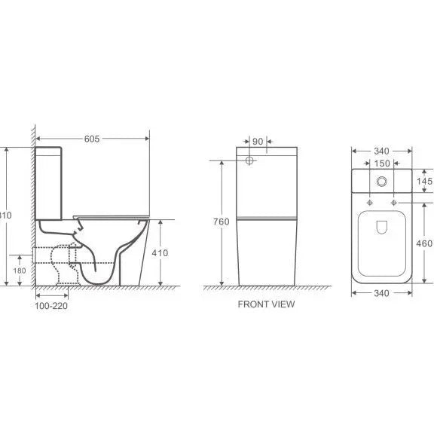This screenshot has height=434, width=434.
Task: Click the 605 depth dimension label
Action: [91, 139]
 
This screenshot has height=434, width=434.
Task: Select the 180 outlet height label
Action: [19, 270]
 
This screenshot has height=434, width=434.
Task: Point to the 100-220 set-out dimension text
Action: [52, 305]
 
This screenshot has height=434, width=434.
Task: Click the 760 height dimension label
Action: [221, 222]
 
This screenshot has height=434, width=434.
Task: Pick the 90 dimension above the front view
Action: [258, 141]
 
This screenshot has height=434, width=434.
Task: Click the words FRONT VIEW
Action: [266, 304]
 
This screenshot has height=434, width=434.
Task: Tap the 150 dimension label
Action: [383, 164]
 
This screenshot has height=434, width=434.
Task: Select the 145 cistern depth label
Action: [424, 182]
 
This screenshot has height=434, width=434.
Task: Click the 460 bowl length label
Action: [424, 243]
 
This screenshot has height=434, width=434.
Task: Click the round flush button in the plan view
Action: [383, 181]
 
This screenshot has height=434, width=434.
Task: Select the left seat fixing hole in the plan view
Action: [371, 203]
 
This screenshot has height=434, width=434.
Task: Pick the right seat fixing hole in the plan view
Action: [394, 203]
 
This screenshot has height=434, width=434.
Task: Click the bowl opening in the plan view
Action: [383, 241]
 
